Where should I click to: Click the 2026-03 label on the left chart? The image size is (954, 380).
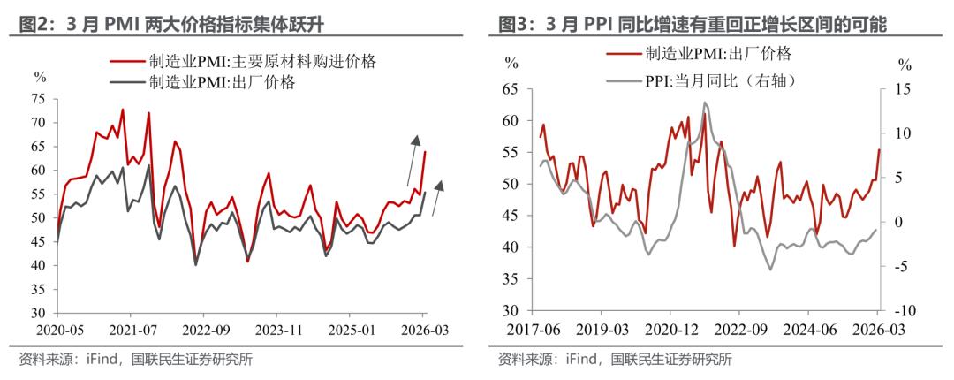click(420, 328)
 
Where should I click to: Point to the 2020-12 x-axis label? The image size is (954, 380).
click(670, 328)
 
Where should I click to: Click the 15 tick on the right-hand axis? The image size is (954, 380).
click(901, 89)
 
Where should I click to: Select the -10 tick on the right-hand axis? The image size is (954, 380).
click(903, 312)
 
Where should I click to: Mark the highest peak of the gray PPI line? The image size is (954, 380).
click(704, 103)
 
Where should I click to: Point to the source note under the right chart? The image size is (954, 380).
click(615, 360)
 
